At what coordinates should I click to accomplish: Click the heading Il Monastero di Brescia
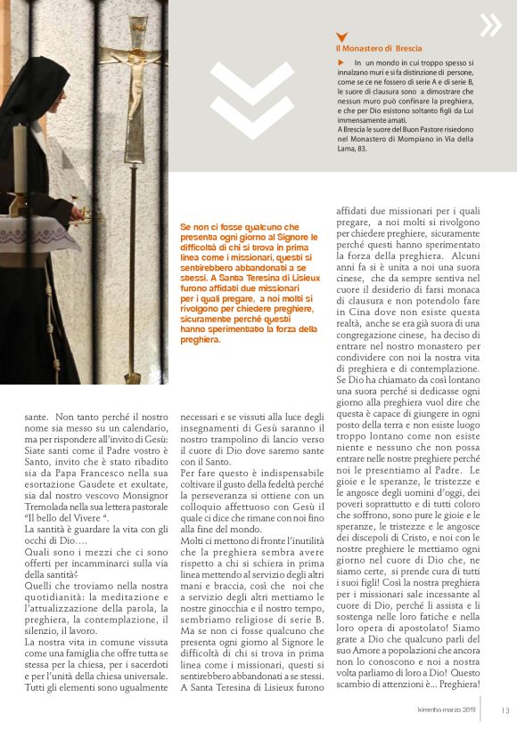(379, 47)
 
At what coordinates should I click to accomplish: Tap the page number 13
(505, 710)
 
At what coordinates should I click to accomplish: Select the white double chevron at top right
(489, 26)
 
